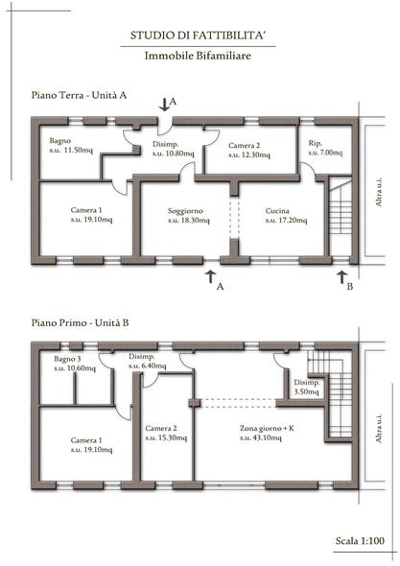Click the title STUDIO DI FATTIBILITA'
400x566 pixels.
pyautogui.click(x=199, y=35)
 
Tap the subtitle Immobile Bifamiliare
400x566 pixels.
pyautogui.click(x=198, y=56)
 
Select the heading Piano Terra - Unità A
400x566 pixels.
pyautogui.click(x=79, y=95)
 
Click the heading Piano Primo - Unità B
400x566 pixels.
pyautogui.click(x=80, y=322)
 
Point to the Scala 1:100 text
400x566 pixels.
pyautogui.click(x=360, y=540)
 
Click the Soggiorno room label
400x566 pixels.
pyautogui.click(x=185, y=211)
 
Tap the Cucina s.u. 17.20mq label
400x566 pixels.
pyautogui.click(x=286, y=216)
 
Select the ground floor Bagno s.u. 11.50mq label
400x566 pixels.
pyautogui.click(x=71, y=145)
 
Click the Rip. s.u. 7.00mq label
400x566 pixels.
pyautogui.click(x=325, y=148)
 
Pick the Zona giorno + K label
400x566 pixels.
pyautogui.click(x=267, y=429)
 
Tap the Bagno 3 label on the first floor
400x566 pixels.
pyautogui.click(x=67, y=359)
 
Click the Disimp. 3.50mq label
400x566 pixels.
pyautogui.click(x=307, y=387)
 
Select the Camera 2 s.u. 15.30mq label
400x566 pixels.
pyautogui.click(x=166, y=434)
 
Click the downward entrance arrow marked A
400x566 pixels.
pyautogui.click(x=164, y=104)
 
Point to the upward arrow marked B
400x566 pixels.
pyautogui.click(x=341, y=278)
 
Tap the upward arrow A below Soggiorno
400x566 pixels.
pyautogui.click(x=210, y=277)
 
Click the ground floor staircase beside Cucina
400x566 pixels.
pyautogui.click(x=341, y=218)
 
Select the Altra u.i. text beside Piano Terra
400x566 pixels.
pyautogui.click(x=379, y=192)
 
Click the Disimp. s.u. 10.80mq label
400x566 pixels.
pyautogui.click(x=173, y=149)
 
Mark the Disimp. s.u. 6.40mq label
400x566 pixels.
pyautogui.click(x=148, y=361)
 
